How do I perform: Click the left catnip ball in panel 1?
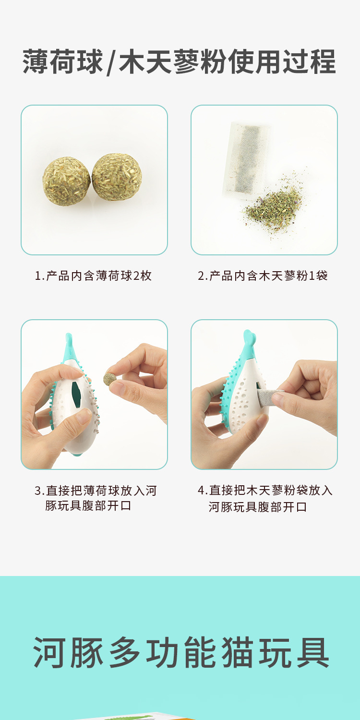tap(66, 181)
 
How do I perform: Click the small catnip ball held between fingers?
tap(110, 379)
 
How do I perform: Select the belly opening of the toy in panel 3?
tap(76, 395)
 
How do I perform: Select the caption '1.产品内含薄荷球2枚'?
tap(93, 276)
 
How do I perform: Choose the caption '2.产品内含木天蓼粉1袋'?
tap(263, 276)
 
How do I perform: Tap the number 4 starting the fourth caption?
tap(201, 491)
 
